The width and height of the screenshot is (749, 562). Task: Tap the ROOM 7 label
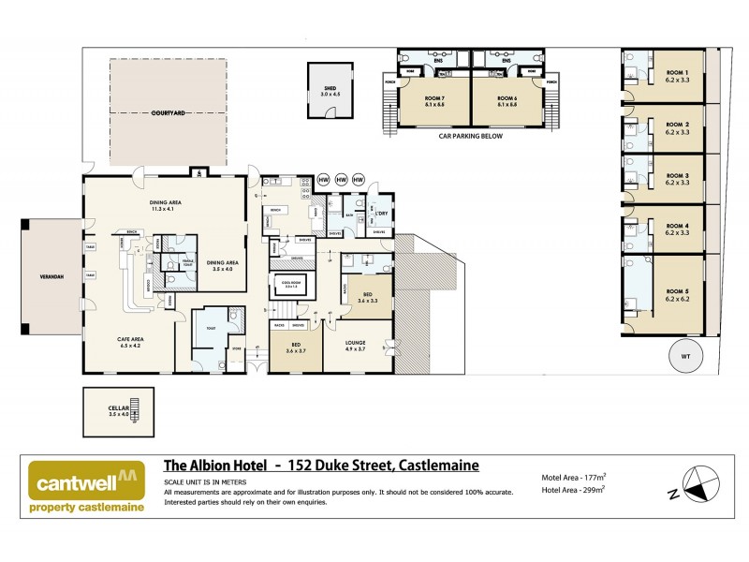433,97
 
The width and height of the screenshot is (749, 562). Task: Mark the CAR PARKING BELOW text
471,136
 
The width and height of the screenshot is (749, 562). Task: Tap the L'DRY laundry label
380,211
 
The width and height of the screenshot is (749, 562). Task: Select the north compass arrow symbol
697,484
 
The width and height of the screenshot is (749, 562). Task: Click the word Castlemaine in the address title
439,465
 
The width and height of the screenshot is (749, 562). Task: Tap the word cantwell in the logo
75,484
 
